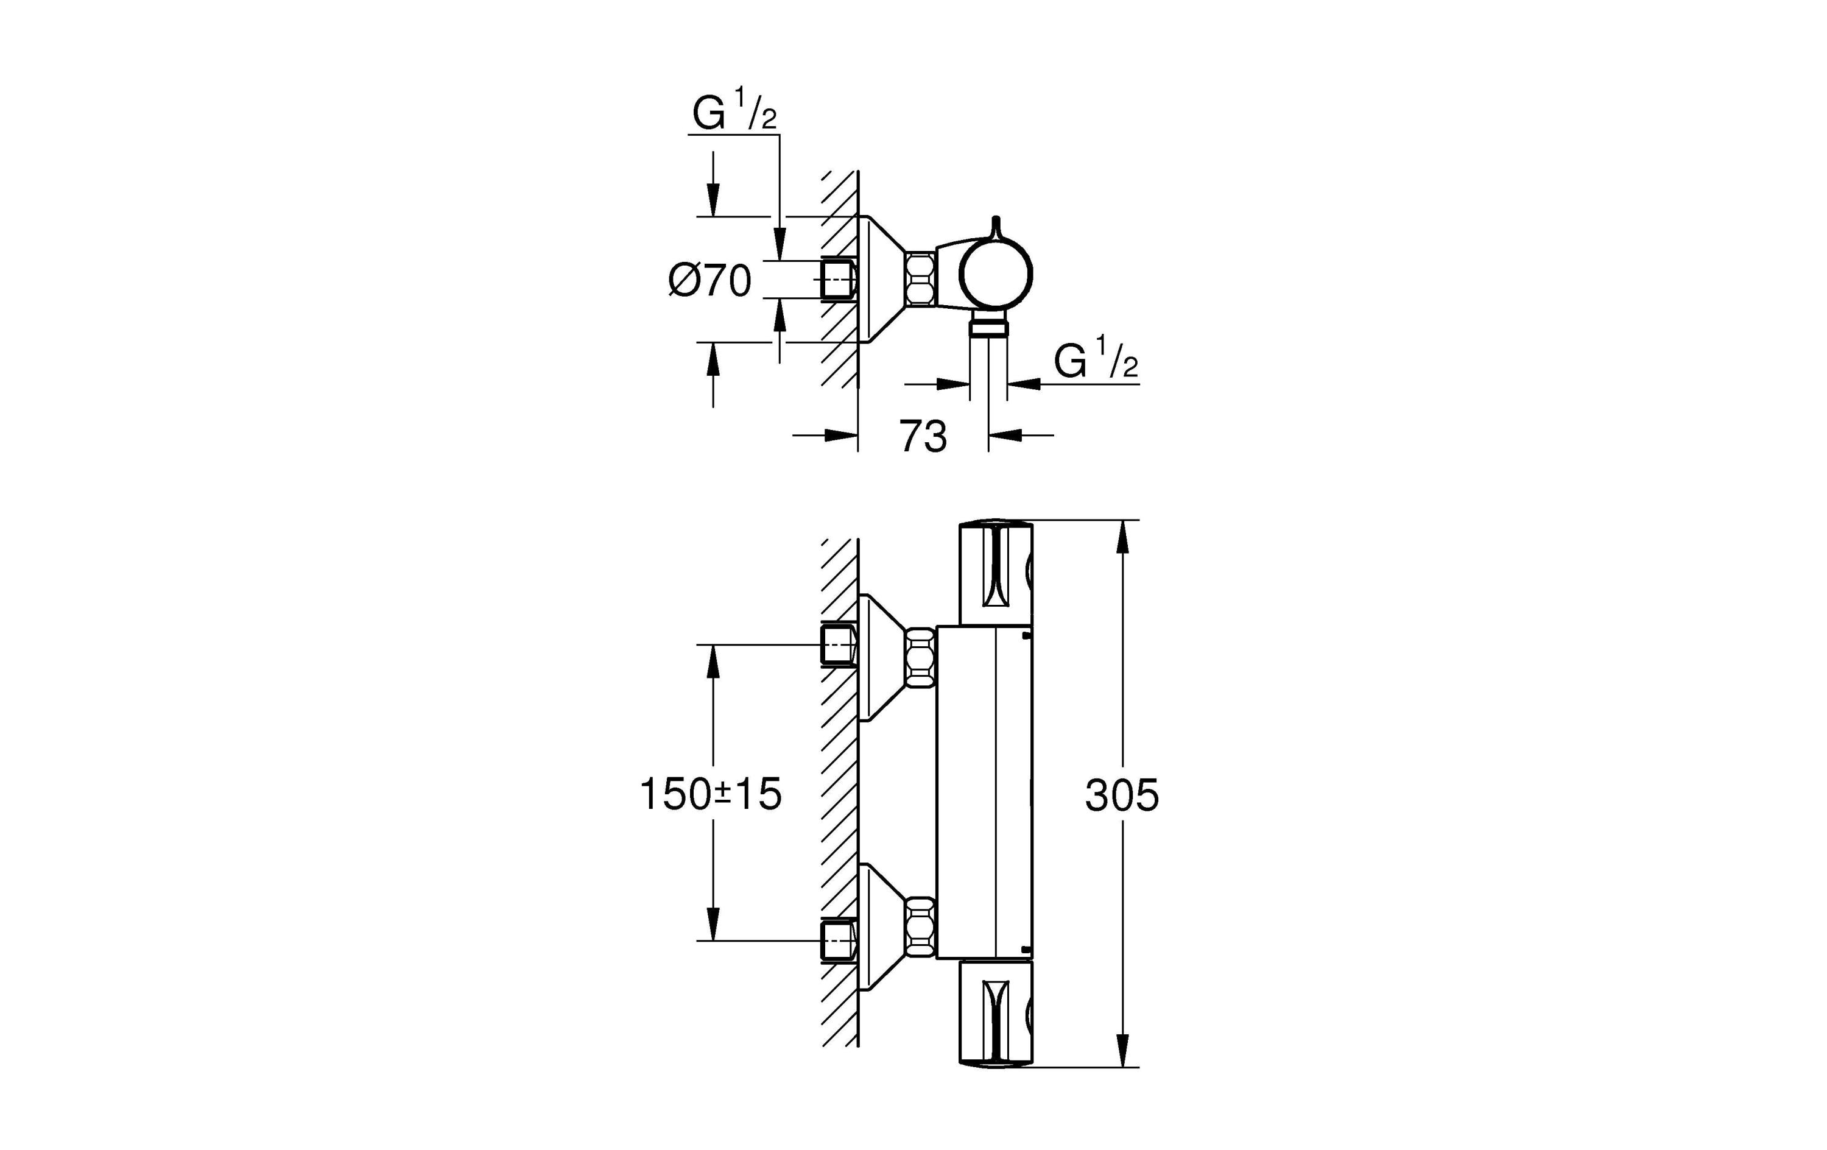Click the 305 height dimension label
tap(1121, 795)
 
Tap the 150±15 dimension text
tap(710, 795)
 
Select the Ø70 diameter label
tap(709, 281)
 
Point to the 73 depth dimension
tap(923, 437)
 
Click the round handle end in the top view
tap(997, 275)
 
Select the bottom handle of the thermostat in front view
tap(996, 1015)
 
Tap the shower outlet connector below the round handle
tap(988, 327)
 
